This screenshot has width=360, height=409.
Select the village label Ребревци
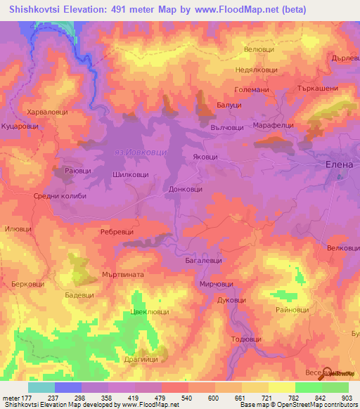(x=117, y=231)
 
